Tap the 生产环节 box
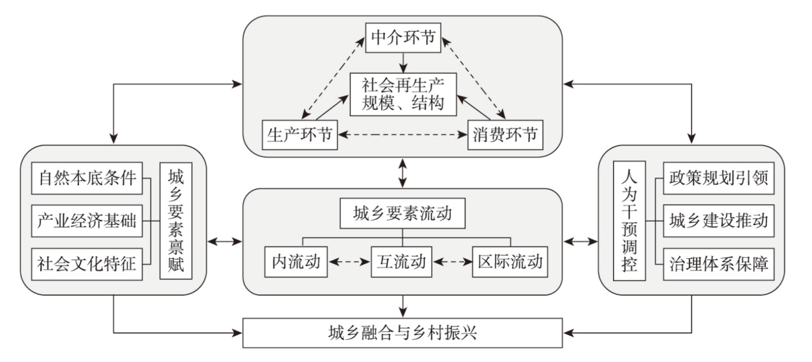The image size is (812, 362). (298, 135)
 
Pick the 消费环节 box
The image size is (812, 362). (504, 135)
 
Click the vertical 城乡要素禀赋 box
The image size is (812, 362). (177, 222)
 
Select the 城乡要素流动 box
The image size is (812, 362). (402, 215)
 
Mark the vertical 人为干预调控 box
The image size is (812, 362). (630, 222)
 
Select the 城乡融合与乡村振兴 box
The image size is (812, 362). (402, 333)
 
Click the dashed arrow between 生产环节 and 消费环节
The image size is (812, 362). (402, 135)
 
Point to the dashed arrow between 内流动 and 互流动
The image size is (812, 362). (348, 261)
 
